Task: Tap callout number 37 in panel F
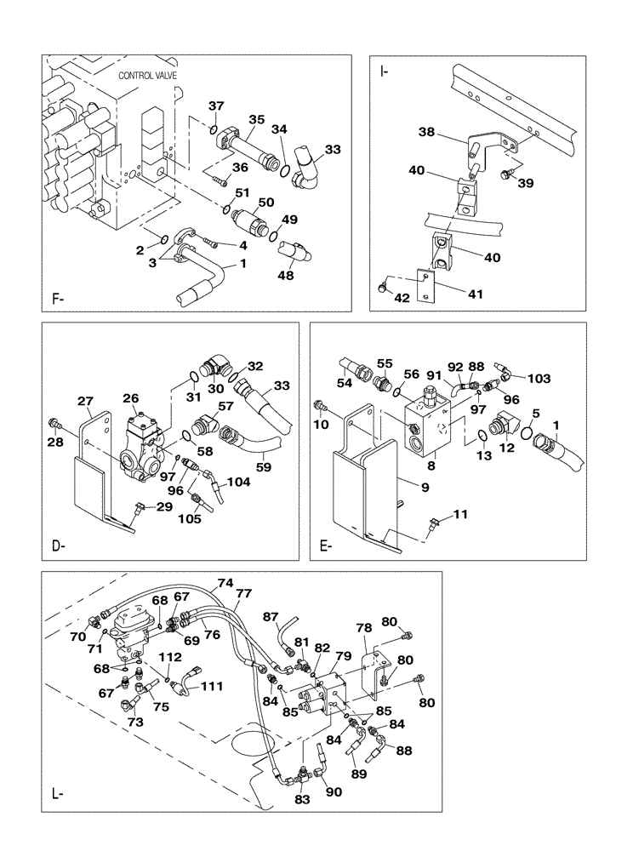216,106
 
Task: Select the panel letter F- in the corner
60,299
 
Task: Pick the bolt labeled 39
508,175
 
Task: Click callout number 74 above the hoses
225,584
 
